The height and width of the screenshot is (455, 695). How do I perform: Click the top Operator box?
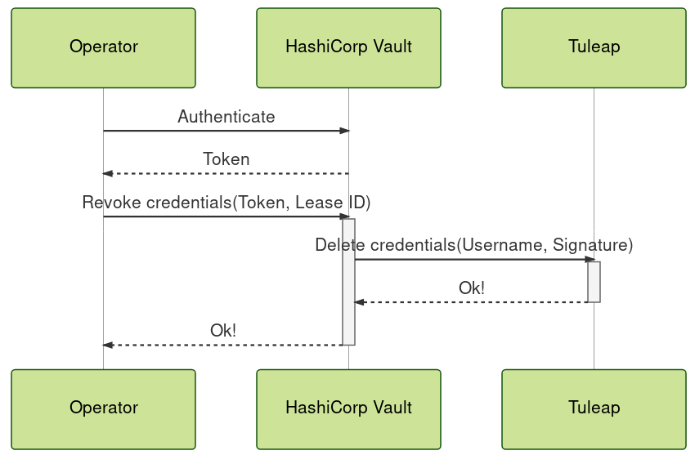tap(103, 47)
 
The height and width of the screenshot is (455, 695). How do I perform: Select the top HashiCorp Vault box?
tap(348, 47)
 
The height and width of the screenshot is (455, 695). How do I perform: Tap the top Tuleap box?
tap(594, 47)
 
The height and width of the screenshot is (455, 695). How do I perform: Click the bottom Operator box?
tap(103, 408)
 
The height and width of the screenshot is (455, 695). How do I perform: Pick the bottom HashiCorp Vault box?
tap(348, 408)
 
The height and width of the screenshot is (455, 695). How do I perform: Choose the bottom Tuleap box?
tap(594, 408)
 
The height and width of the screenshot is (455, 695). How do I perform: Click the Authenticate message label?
tap(226, 117)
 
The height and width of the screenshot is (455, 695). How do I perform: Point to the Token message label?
tap(226, 159)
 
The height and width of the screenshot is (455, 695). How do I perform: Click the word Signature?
tap(592, 245)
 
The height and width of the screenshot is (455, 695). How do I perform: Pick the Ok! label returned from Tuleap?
tap(471, 288)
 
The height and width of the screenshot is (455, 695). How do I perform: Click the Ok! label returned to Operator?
tap(223, 331)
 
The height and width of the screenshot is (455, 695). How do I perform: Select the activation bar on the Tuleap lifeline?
tap(594, 282)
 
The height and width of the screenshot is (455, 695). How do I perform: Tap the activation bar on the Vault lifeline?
tap(348, 282)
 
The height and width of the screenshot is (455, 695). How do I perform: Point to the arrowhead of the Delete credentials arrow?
tap(590, 260)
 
